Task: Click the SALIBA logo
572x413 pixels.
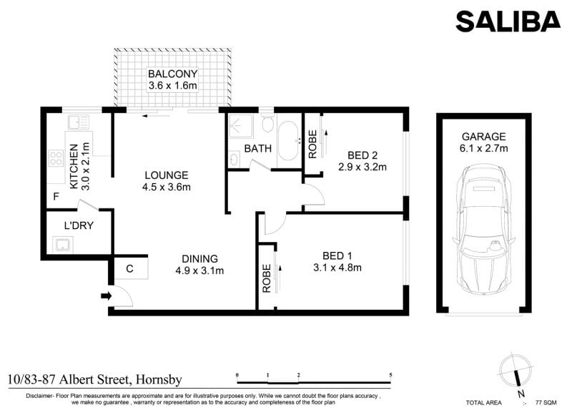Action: tap(508, 21)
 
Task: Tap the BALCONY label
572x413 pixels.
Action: tap(172, 74)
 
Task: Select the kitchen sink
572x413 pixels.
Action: tap(79, 122)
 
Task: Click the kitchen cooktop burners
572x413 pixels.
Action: tap(56, 158)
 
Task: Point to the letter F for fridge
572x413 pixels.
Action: tap(56, 196)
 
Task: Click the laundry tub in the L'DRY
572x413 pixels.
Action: tap(63, 244)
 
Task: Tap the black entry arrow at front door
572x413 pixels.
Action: tap(106, 296)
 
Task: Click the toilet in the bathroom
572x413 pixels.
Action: tap(268, 124)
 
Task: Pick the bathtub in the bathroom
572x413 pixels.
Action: tap(288, 141)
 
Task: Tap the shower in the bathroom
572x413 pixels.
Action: tap(240, 126)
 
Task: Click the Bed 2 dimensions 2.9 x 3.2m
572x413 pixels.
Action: tap(363, 167)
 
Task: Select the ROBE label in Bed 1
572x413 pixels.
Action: tap(267, 278)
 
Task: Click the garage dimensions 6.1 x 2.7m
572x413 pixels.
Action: tap(484, 148)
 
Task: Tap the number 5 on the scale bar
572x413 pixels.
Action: tap(390, 375)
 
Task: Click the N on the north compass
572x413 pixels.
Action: tap(521, 394)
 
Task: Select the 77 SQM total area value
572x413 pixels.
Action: tap(546, 402)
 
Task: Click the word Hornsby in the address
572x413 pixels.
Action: tap(159, 380)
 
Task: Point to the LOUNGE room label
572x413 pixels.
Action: tap(167, 175)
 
